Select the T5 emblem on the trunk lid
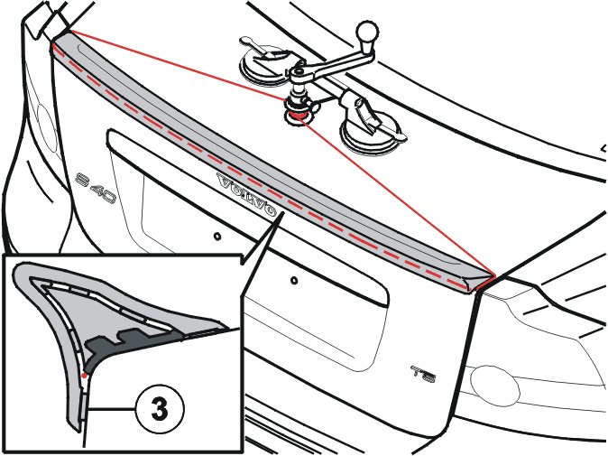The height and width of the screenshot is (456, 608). (x=423, y=372)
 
